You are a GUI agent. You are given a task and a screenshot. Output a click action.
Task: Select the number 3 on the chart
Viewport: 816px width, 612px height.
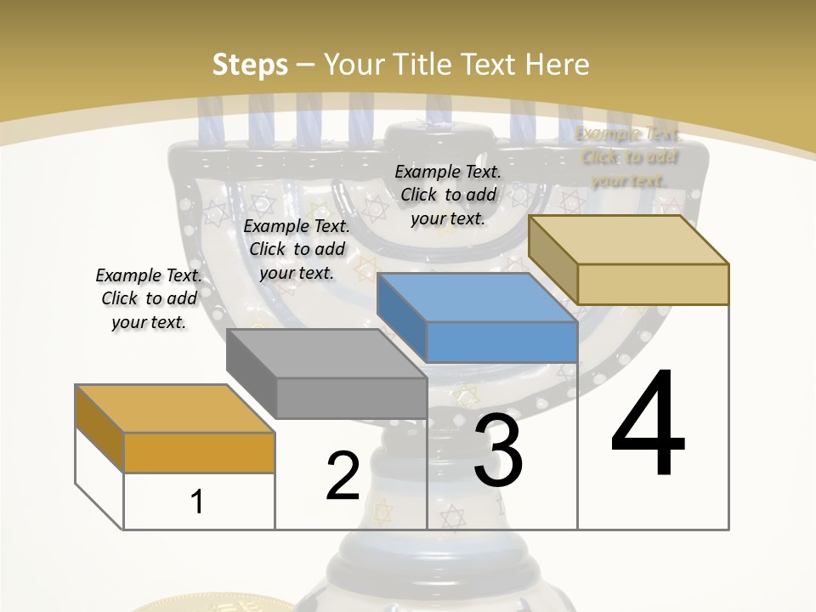point(498,450)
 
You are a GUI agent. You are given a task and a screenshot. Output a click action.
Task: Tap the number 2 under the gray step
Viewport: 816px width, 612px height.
point(343,476)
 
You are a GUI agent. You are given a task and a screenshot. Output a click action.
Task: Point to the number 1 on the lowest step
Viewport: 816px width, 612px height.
point(197,501)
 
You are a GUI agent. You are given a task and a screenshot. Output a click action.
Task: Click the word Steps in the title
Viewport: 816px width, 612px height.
point(250,65)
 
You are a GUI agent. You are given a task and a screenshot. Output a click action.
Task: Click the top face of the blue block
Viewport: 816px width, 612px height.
point(476,297)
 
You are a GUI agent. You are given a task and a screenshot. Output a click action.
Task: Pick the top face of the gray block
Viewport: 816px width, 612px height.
point(326,354)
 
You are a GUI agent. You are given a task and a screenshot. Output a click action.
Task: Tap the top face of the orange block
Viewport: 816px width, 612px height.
point(175,409)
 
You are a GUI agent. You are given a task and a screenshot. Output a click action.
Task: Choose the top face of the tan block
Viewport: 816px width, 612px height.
point(629,240)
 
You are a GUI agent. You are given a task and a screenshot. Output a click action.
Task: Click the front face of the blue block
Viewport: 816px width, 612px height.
point(501,342)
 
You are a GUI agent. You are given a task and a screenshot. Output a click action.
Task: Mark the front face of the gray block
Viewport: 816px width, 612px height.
point(352,398)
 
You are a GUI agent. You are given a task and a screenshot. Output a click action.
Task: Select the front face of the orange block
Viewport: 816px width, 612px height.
point(199,452)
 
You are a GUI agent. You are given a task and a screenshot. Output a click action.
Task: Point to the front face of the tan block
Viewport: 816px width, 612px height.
point(653,284)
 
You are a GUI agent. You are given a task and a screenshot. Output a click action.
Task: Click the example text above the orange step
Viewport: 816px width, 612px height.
point(149,299)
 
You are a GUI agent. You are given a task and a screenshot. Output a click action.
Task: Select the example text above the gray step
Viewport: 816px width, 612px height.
point(297,249)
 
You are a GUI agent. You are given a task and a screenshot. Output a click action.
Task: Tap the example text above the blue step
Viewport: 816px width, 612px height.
point(448,195)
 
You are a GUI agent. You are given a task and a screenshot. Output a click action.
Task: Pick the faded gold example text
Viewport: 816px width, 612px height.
point(628,156)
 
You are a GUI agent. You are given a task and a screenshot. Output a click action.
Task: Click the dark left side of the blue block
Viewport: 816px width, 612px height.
point(401,310)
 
